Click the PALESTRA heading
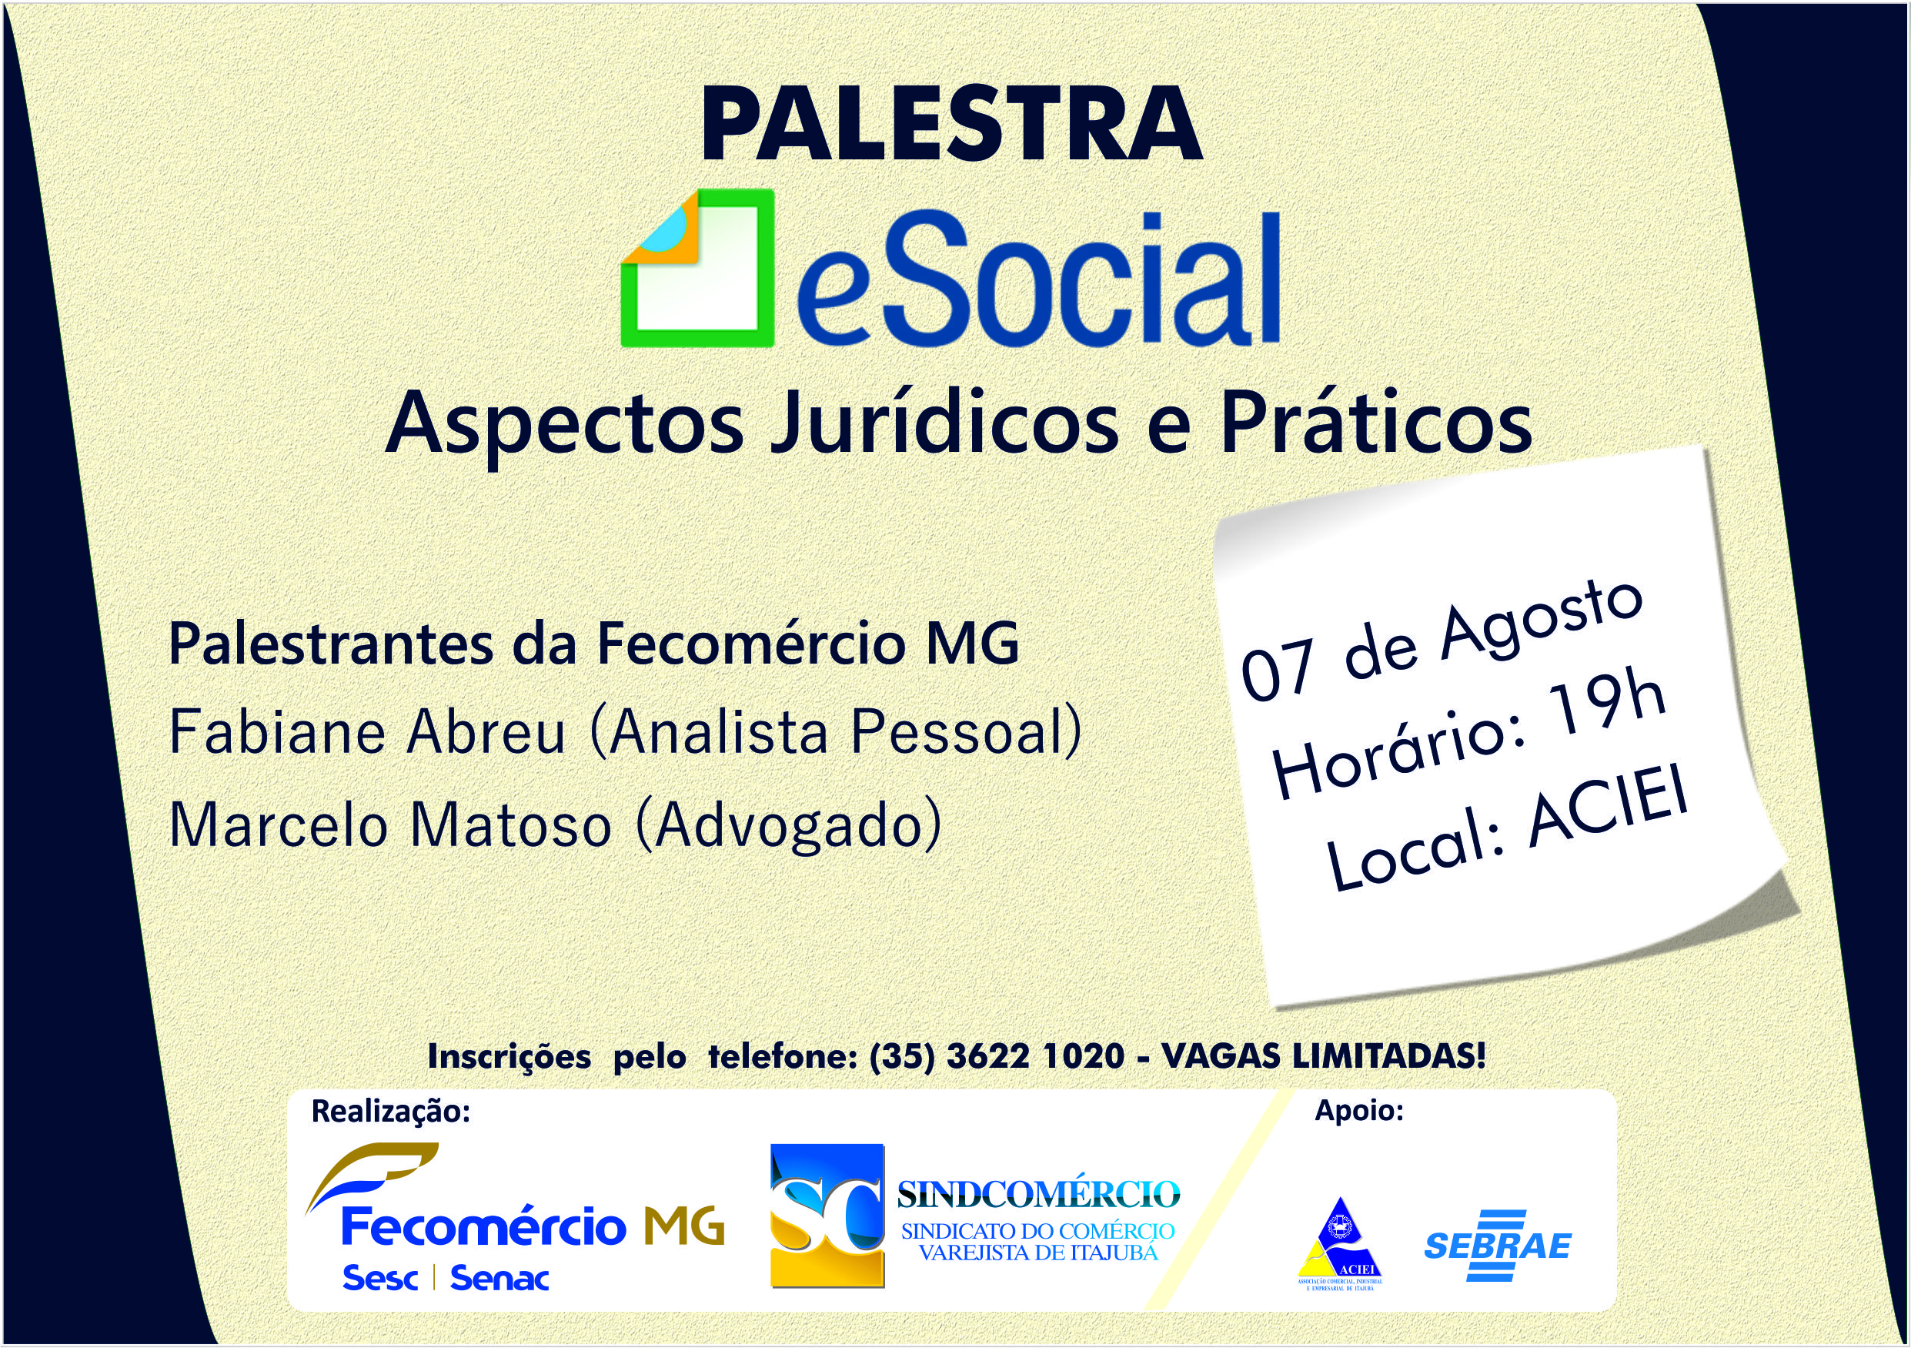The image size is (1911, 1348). [952, 124]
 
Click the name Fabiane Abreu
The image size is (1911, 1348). [367, 732]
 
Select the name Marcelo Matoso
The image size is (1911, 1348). [390, 825]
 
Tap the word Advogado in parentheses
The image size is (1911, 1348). [789, 826]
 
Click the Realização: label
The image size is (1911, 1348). [391, 1112]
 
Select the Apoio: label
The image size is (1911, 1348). [1359, 1111]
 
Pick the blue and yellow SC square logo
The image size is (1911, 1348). [827, 1216]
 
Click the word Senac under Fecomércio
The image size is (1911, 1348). [499, 1278]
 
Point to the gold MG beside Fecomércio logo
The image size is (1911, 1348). [683, 1226]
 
